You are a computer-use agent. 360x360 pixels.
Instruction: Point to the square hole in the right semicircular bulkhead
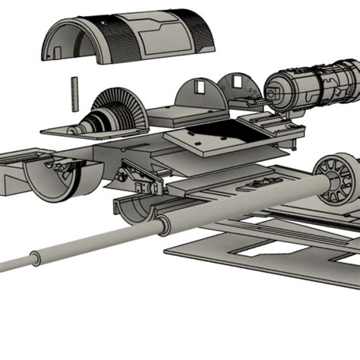tap(238, 81)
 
